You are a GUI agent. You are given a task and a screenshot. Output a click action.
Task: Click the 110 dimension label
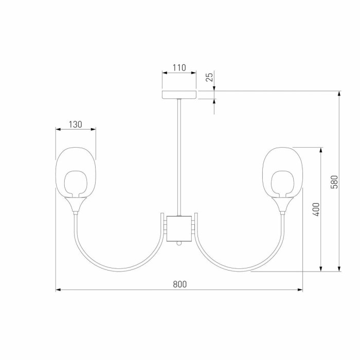(x=179, y=68)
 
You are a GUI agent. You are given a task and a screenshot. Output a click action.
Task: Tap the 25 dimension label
(x=209, y=77)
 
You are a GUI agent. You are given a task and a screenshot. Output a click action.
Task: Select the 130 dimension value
(x=75, y=124)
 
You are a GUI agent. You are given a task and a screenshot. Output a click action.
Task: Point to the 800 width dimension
(x=180, y=284)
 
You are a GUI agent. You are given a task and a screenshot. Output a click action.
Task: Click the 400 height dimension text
(x=316, y=209)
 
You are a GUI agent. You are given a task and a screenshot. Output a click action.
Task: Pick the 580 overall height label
(x=334, y=182)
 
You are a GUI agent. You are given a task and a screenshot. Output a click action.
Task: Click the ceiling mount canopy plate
(x=179, y=95)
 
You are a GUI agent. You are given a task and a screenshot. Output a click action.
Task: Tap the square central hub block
(x=179, y=229)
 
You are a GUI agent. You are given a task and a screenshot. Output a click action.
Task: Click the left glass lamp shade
(x=76, y=172)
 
